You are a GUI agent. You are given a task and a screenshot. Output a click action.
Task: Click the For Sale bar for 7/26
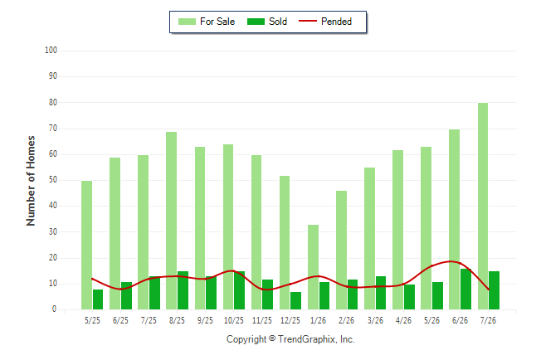click(x=483, y=207)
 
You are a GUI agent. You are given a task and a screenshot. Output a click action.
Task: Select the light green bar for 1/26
click(x=313, y=267)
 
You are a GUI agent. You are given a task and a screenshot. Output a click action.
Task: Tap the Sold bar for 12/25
click(x=295, y=300)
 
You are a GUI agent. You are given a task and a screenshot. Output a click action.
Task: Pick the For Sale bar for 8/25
click(x=172, y=221)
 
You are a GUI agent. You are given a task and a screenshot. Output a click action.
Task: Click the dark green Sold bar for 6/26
click(x=465, y=289)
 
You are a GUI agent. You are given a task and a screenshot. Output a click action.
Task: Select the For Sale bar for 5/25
click(x=87, y=246)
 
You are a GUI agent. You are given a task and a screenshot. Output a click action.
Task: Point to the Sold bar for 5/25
click(x=98, y=299)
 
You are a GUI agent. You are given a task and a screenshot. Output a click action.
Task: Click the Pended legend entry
click(x=325, y=22)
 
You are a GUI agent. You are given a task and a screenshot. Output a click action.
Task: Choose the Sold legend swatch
click(x=256, y=22)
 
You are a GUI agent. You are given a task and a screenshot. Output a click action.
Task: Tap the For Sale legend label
click(x=217, y=22)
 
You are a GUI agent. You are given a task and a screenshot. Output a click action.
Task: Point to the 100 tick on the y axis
click(x=51, y=51)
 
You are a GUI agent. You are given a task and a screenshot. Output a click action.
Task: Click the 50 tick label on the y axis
click(x=53, y=180)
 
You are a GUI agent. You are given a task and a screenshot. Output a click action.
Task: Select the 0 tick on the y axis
click(x=54, y=309)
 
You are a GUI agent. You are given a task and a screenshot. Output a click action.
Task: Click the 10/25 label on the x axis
click(x=234, y=320)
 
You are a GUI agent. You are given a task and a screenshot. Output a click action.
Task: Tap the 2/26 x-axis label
click(x=347, y=320)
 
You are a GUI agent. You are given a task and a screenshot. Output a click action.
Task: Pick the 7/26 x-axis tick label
click(x=488, y=320)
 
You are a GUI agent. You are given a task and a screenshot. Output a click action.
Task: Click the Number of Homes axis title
click(x=31, y=181)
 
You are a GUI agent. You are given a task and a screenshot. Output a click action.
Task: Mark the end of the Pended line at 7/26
click(x=489, y=289)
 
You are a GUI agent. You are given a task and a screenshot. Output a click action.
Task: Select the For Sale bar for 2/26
click(x=342, y=251)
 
